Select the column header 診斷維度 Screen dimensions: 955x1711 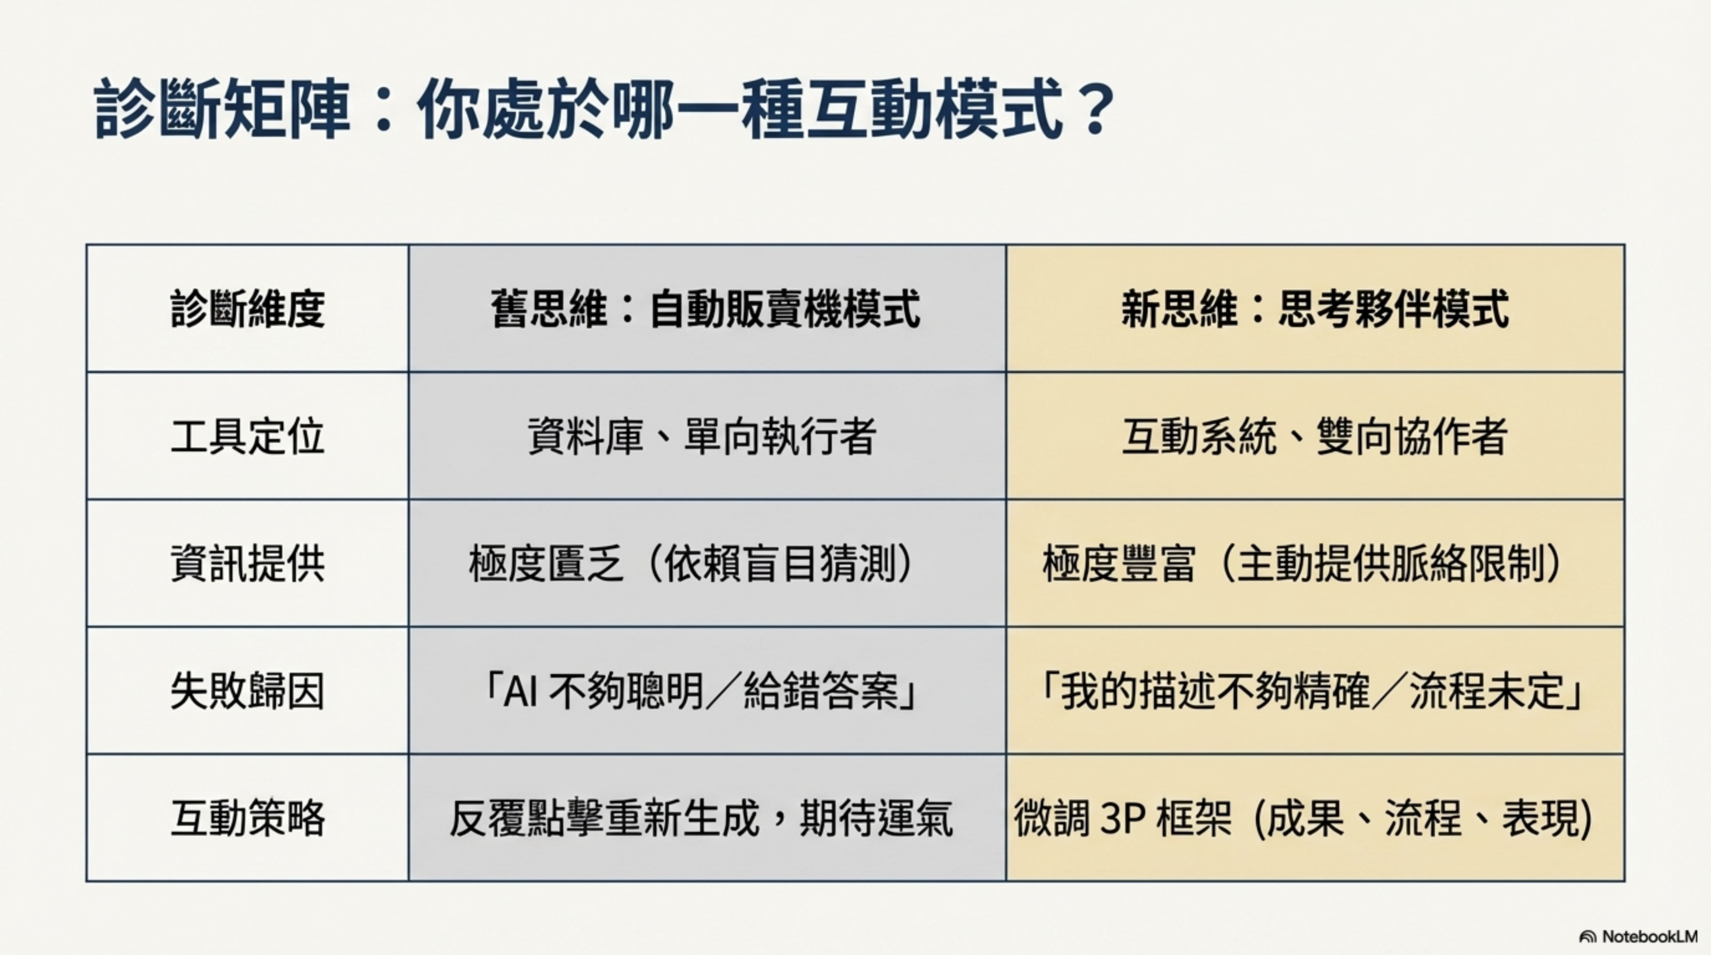point(247,309)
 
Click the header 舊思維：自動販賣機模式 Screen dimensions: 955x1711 point(706,309)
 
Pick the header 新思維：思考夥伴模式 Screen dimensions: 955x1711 point(1314,309)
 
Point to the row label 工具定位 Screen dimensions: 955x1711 point(247,436)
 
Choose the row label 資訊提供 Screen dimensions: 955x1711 point(247,564)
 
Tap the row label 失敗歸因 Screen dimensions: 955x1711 point(247,691)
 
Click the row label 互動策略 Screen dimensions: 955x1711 point(247,818)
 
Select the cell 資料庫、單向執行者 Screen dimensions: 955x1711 point(702,436)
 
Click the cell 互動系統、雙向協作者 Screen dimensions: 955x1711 point(1314,436)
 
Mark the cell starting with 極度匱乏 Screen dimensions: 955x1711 point(691,564)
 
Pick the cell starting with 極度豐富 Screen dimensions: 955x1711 point(1302,564)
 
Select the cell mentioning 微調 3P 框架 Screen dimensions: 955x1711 point(1303,818)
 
